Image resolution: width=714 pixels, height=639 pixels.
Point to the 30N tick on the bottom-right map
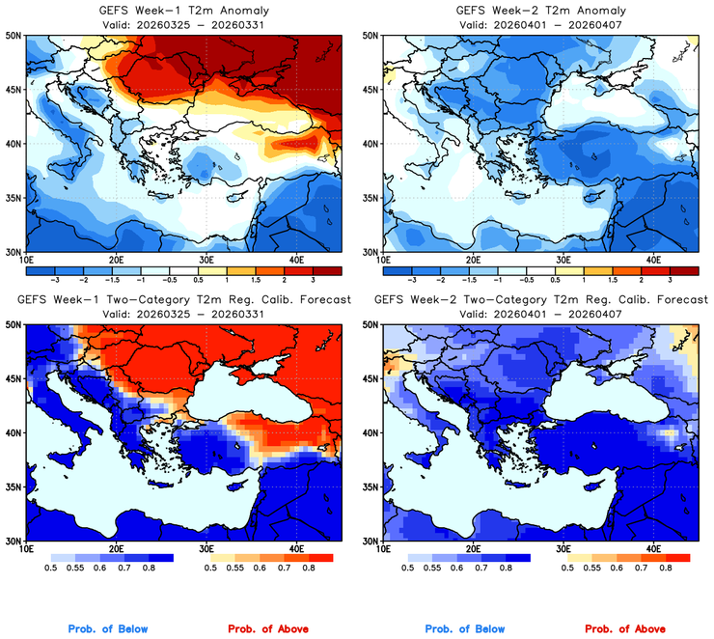(371, 542)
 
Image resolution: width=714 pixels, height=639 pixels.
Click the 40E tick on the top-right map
(654, 261)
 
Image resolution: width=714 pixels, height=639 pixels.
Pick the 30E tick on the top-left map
(206, 261)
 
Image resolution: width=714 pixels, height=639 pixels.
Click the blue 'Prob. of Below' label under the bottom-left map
(107, 629)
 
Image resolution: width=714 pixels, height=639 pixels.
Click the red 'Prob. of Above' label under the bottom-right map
(628, 629)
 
